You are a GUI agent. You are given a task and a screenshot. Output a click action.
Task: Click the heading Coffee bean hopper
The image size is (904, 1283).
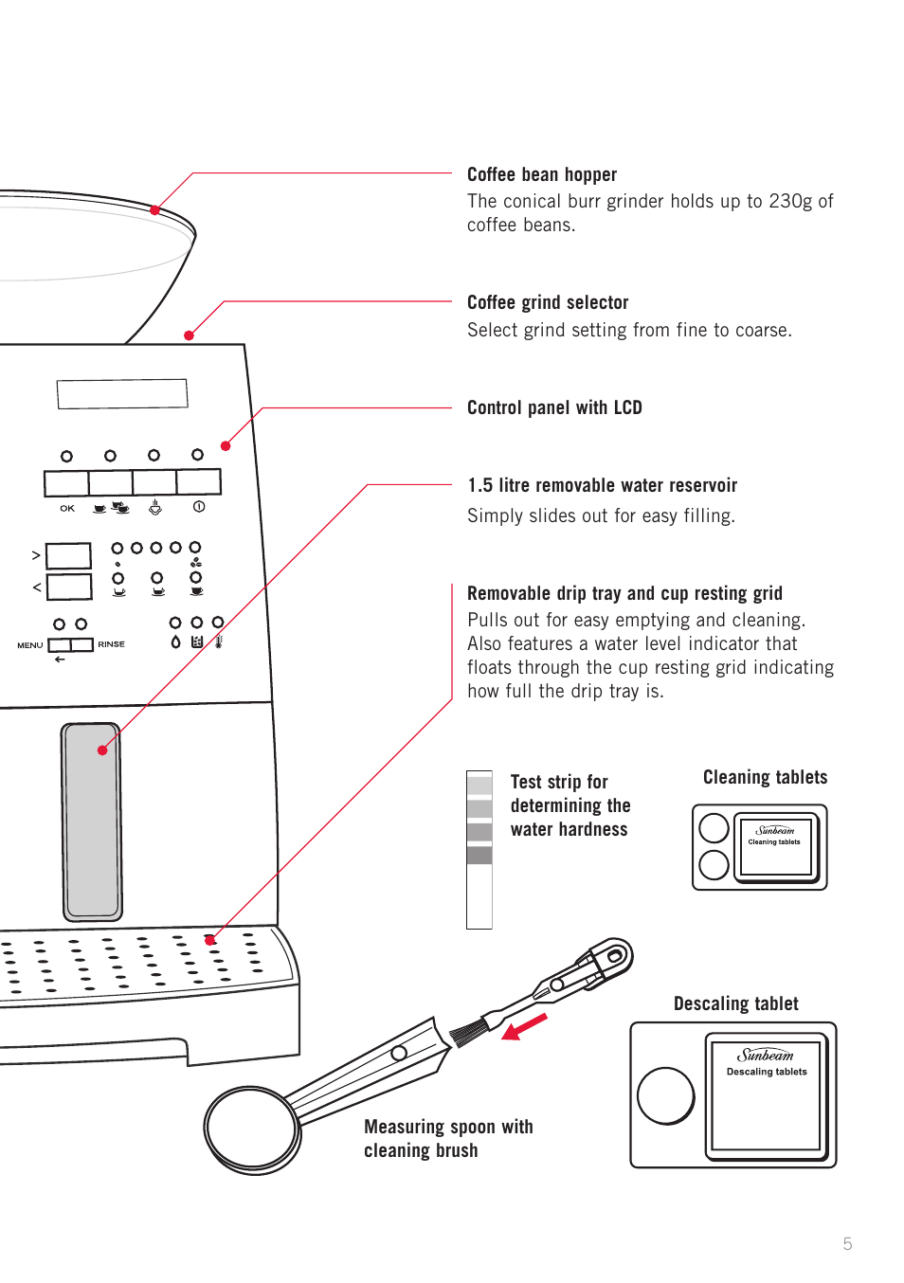[x=541, y=174]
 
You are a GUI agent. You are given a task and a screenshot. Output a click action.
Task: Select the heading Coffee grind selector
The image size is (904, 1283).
[x=548, y=302]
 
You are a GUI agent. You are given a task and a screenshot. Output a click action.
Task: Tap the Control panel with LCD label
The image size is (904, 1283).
[x=554, y=407]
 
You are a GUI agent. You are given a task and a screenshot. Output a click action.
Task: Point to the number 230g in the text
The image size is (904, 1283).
[x=790, y=201]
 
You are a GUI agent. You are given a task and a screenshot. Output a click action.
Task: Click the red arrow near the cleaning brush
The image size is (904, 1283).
[x=524, y=1027]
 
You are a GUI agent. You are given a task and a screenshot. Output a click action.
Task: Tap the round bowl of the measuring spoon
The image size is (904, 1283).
[x=252, y=1129]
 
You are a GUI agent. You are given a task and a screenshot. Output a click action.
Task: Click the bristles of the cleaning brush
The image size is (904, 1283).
[x=468, y=1029]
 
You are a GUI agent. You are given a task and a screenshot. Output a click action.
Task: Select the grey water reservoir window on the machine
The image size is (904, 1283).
[x=92, y=822]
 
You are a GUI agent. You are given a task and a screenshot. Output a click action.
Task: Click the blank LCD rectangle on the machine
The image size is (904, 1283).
[x=122, y=393]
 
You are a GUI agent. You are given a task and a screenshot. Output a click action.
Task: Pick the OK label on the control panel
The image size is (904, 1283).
[x=67, y=508]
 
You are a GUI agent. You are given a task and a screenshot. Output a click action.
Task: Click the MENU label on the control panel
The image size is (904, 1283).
[x=30, y=645]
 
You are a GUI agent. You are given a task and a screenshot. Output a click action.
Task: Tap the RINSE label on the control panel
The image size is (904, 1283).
[x=111, y=644]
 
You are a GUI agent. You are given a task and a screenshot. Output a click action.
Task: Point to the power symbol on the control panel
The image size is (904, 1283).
[x=199, y=507]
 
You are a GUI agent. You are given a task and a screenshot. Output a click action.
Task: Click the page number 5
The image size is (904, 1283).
[x=847, y=1244]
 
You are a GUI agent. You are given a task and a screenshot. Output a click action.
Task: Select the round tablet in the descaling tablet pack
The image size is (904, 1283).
[x=666, y=1095]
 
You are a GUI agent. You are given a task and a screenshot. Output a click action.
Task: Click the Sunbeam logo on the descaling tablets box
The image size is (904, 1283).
[x=766, y=1055]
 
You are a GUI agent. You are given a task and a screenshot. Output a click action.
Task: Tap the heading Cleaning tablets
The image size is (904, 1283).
[x=765, y=777]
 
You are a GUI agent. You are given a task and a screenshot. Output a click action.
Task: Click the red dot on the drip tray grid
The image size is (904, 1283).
[x=210, y=940]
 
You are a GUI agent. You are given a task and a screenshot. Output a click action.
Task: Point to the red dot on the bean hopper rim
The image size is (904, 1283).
[x=154, y=210]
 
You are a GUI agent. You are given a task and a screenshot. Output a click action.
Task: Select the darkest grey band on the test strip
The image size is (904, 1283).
[x=479, y=855]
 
